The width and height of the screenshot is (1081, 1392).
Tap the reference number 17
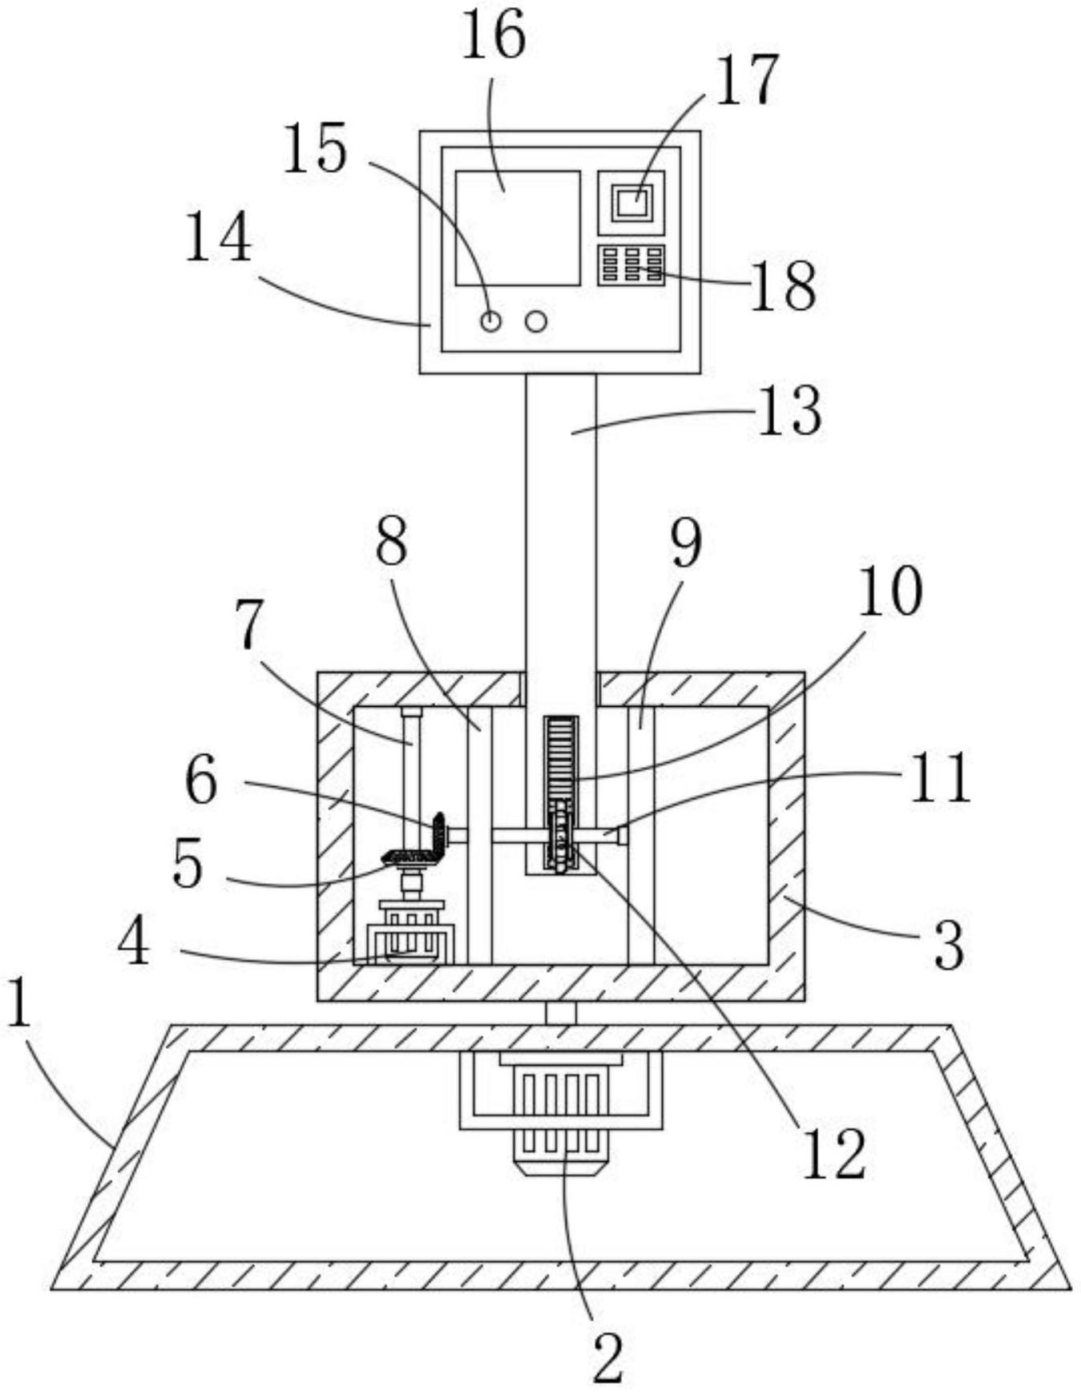tap(746, 80)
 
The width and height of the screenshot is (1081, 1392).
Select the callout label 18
tap(782, 286)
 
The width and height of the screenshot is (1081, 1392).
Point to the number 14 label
tap(218, 237)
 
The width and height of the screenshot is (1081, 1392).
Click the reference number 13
tap(789, 412)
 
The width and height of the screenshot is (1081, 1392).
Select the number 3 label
tap(949, 946)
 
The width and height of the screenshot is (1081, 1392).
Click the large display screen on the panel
tap(518, 228)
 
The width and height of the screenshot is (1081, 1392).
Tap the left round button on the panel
tap(490, 322)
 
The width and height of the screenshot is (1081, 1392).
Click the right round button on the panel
tap(536, 322)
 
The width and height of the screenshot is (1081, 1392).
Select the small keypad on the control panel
tap(631, 265)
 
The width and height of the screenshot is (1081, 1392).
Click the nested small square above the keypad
tap(631, 201)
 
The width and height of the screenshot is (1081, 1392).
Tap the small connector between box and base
tap(560, 1013)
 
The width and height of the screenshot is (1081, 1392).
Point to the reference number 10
tap(889, 592)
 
